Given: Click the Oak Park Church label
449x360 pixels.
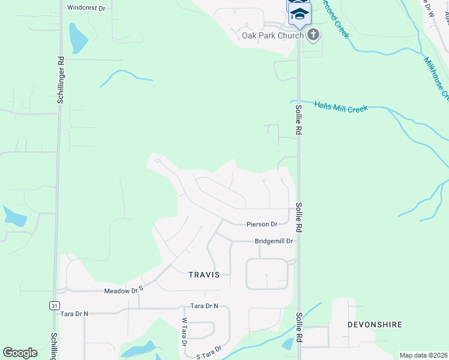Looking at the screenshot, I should (273, 35).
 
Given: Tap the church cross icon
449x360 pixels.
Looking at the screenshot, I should (313, 35).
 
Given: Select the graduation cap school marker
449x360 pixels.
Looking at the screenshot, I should (299, 14).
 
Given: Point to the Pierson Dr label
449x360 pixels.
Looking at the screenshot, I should (262, 224).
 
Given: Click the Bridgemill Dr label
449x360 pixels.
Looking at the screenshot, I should (274, 241).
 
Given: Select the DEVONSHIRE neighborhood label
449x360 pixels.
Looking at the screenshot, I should (374, 325).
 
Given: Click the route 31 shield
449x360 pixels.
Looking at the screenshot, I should (55, 305).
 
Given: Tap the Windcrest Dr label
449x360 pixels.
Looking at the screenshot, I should (86, 8).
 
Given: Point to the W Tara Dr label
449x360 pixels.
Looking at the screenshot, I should (184, 332).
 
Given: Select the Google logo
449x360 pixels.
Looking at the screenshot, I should (20, 353).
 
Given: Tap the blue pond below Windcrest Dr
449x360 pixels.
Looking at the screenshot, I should (77, 38).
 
